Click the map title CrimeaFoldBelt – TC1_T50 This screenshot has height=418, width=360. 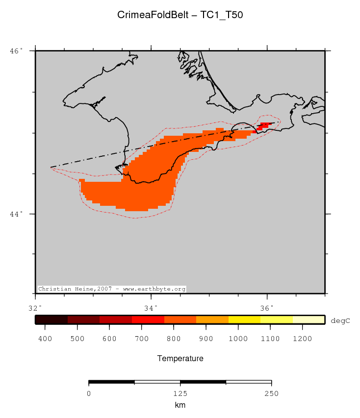[x=180, y=15]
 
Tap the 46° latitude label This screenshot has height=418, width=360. [x=17, y=51]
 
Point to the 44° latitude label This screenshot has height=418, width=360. [x=17, y=214]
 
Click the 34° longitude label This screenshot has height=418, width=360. [x=151, y=308]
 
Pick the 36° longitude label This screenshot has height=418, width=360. [x=267, y=308]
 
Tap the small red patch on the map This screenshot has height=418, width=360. [x=263, y=125]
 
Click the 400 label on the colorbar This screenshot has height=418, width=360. [x=45, y=339]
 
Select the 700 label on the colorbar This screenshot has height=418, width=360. [x=142, y=339]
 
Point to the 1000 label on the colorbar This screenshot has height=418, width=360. [x=238, y=339]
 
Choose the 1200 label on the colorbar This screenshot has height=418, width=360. [x=303, y=339]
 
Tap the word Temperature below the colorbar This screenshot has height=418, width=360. [x=180, y=359]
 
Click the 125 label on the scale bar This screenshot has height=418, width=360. [x=180, y=393]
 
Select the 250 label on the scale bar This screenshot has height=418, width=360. [x=271, y=393]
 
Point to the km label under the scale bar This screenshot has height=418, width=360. [x=180, y=405]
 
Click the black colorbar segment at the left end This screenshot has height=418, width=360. [x=51, y=320]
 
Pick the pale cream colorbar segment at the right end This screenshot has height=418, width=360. [x=309, y=320]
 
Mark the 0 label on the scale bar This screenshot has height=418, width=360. [x=89, y=393]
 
